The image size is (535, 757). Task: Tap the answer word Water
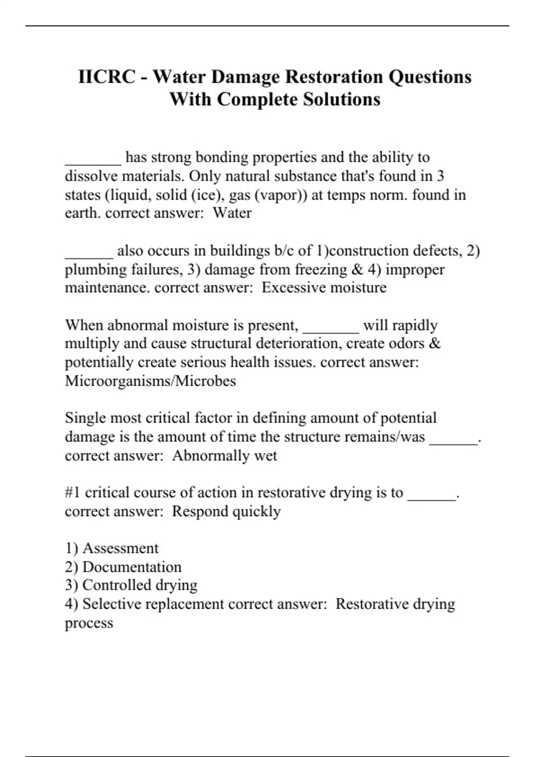[232, 213]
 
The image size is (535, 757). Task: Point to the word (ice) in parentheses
[210, 195]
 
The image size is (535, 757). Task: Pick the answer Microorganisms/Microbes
[150, 381]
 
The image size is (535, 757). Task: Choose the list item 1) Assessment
[112, 548]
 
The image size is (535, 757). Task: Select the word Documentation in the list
[132, 567]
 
